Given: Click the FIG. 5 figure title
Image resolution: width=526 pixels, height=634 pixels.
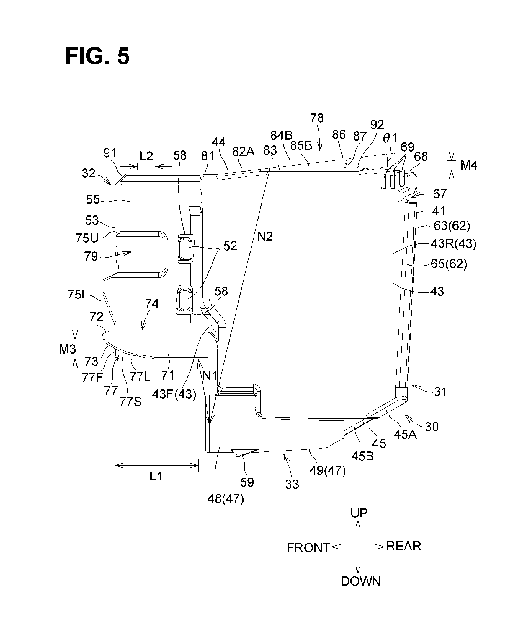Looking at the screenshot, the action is coord(97,56).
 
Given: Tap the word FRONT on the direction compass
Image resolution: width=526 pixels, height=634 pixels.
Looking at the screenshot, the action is coord(308,547).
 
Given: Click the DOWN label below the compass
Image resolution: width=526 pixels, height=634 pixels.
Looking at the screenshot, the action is coord(361,581).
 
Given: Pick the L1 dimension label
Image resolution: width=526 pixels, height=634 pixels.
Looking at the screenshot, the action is coord(156,476).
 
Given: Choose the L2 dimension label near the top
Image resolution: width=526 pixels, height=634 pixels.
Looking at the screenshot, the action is coord(146,156).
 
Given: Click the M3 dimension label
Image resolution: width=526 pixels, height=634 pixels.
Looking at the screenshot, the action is coord(67,349).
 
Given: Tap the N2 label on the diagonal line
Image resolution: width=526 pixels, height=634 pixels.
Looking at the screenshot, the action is coord(265,237).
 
